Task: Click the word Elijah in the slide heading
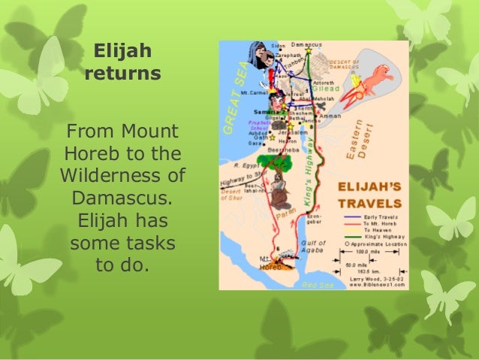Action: pyautogui.click(x=122, y=52)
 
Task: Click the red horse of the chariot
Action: pyautogui.click(x=381, y=75)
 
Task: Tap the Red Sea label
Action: pyautogui.click(x=311, y=285)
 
